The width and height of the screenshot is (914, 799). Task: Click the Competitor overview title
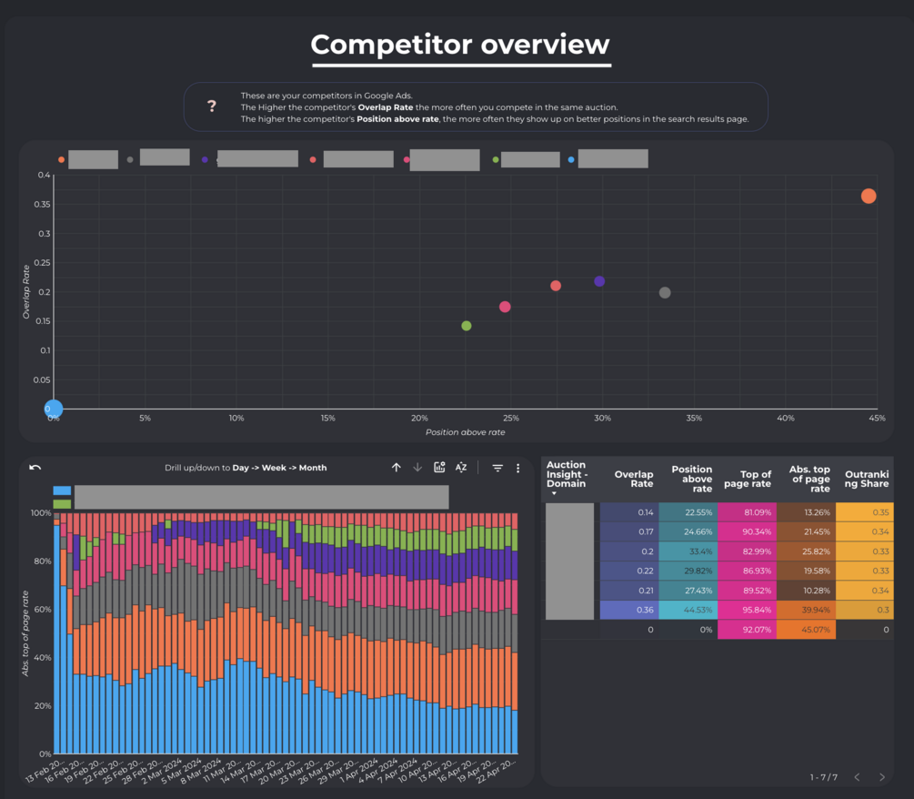tap(460, 45)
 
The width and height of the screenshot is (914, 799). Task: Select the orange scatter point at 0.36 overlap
tap(869, 197)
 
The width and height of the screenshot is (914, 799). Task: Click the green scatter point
tap(467, 326)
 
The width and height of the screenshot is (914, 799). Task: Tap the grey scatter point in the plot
tap(665, 293)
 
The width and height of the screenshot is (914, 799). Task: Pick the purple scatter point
tap(599, 281)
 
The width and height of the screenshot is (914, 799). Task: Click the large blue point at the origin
tap(54, 409)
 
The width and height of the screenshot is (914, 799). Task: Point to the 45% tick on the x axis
tap(877, 419)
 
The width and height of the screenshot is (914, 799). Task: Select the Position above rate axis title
tap(465, 432)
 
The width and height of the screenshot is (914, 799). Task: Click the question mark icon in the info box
tap(212, 106)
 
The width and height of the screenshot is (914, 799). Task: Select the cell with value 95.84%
tap(747, 610)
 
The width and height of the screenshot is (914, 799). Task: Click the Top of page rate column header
tap(747, 479)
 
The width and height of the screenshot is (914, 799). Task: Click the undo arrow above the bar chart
tap(35, 468)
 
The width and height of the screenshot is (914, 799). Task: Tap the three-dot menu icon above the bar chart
tap(518, 468)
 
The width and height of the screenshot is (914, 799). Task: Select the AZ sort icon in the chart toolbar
tap(461, 468)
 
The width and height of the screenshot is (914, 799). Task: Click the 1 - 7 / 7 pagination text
tap(823, 777)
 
